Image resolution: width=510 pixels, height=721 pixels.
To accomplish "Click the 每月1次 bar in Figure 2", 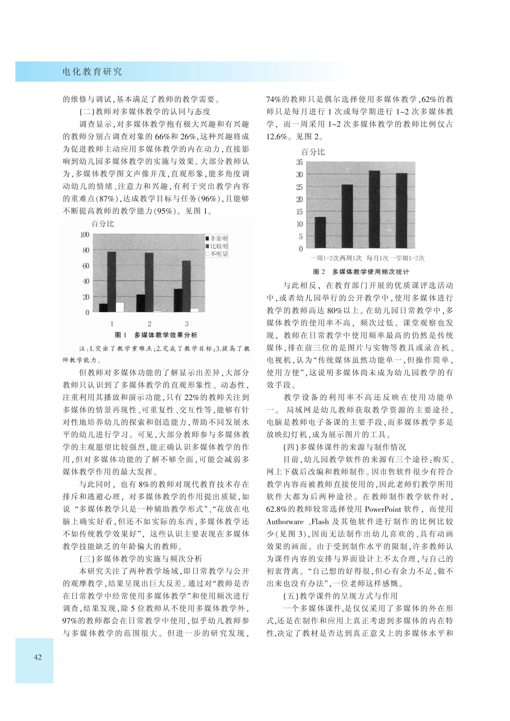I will (374, 209).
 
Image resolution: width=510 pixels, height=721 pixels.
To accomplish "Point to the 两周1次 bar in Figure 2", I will (347, 216).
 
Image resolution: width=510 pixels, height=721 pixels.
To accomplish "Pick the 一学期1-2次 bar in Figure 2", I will (401, 210).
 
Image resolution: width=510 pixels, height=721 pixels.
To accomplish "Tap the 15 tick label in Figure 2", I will (300, 212).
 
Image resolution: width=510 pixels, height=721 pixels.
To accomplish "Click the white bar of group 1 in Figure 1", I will (120, 307).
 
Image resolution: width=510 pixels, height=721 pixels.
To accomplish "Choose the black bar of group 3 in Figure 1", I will (178, 300).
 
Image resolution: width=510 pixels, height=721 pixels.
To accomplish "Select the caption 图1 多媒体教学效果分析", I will (156, 335).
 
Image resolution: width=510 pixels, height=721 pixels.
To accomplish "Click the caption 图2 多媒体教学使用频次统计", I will (361, 272).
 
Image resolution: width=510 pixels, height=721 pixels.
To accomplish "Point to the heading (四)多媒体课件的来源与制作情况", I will (344, 447).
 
